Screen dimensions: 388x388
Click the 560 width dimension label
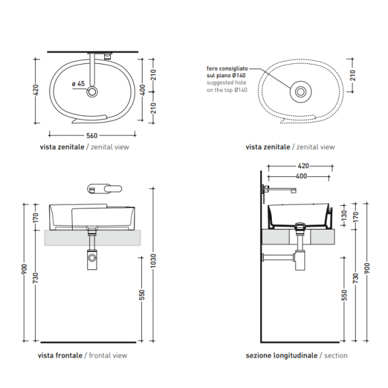click(92, 136)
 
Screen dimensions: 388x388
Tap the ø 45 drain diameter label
click(78, 84)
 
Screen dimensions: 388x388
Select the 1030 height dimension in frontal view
click(153, 261)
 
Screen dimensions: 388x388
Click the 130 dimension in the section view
click(344, 215)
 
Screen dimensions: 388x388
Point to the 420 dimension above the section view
click(304, 166)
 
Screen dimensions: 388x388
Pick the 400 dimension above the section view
click(302, 176)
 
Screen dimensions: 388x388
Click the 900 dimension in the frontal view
click(24, 269)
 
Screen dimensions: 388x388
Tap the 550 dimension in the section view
click(344, 296)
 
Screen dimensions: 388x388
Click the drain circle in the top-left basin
click(92, 92)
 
